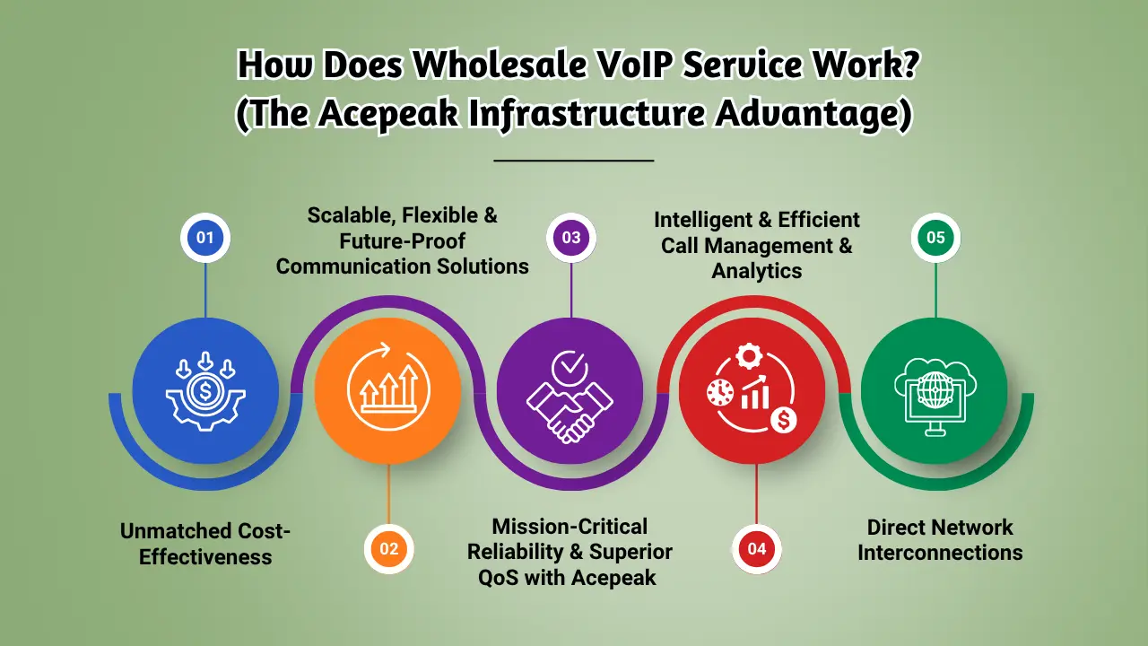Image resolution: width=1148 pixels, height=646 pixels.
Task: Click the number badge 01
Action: (205, 238)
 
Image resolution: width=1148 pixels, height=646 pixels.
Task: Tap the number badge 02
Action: (387, 548)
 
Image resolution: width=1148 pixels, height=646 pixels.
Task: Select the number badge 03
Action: (571, 238)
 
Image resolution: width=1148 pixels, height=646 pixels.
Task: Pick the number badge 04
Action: (757, 548)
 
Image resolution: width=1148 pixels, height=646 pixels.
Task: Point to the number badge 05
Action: (935, 238)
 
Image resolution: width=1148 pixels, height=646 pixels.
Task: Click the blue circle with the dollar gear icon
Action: (205, 390)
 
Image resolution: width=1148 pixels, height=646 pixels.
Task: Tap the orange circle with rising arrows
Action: (387, 390)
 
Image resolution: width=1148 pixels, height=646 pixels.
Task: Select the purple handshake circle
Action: (570, 390)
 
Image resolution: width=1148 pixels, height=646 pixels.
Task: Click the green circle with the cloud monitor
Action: (935, 390)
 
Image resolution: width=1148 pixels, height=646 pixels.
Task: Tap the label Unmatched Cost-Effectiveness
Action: (205, 544)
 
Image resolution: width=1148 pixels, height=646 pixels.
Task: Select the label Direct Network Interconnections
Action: (940, 539)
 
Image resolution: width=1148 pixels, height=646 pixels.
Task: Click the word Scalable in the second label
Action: (352, 215)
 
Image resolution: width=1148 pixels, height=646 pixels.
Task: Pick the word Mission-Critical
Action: (570, 526)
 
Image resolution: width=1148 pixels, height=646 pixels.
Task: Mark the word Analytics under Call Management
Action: (757, 269)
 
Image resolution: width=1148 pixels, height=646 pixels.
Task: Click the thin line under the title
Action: (574, 161)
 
